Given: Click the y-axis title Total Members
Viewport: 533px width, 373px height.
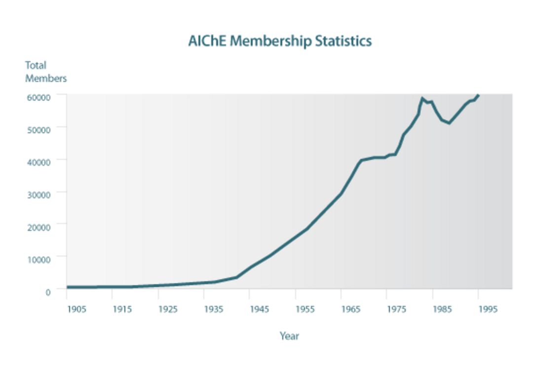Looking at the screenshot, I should [45, 72].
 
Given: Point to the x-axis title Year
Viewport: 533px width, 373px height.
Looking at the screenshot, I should [289, 336].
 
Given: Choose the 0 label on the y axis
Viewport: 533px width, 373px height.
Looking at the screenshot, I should [48, 292].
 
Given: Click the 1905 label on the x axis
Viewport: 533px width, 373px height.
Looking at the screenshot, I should [76, 309].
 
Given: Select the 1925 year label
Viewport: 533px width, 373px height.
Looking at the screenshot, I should [168, 309].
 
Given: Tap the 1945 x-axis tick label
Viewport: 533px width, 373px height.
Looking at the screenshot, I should [259, 309].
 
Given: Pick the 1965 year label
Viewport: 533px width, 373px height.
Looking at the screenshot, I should [350, 309].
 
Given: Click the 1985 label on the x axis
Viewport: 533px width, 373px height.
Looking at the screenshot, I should [442, 309].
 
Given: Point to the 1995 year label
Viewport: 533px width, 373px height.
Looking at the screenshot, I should [488, 309].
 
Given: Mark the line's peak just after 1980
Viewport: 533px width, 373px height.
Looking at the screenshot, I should [422, 98].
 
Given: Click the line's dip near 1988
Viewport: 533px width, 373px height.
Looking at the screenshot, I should [449, 123].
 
